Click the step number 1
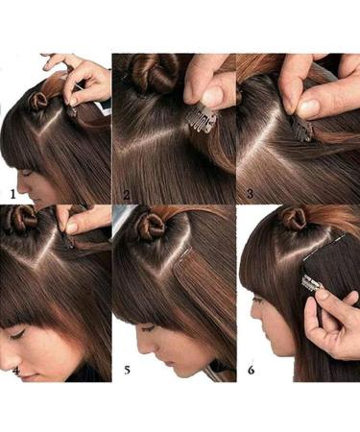coord(12,192)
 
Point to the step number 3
coord(249,193)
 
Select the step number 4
coord(12,367)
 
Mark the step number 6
coord(250,366)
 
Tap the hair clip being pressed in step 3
coord(302,129)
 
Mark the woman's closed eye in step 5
coord(158,327)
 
